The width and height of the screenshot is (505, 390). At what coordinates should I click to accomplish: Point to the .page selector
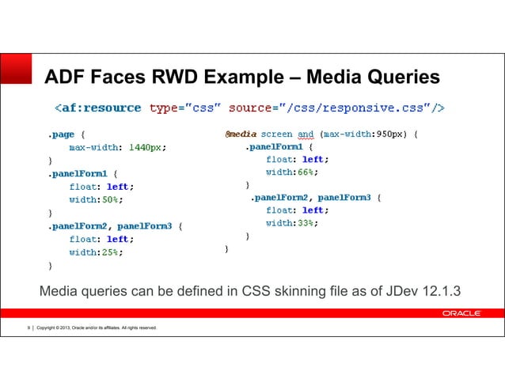(x=61, y=135)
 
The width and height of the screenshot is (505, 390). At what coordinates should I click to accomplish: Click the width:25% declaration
(x=96, y=252)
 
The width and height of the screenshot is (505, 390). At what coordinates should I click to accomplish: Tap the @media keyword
(x=241, y=134)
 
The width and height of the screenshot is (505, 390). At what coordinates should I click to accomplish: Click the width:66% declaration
(x=292, y=172)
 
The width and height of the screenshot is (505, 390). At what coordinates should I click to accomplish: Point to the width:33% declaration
(x=292, y=223)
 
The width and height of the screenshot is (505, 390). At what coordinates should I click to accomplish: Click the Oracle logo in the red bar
(x=461, y=313)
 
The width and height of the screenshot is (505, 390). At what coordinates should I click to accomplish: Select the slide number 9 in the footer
(x=28, y=328)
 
